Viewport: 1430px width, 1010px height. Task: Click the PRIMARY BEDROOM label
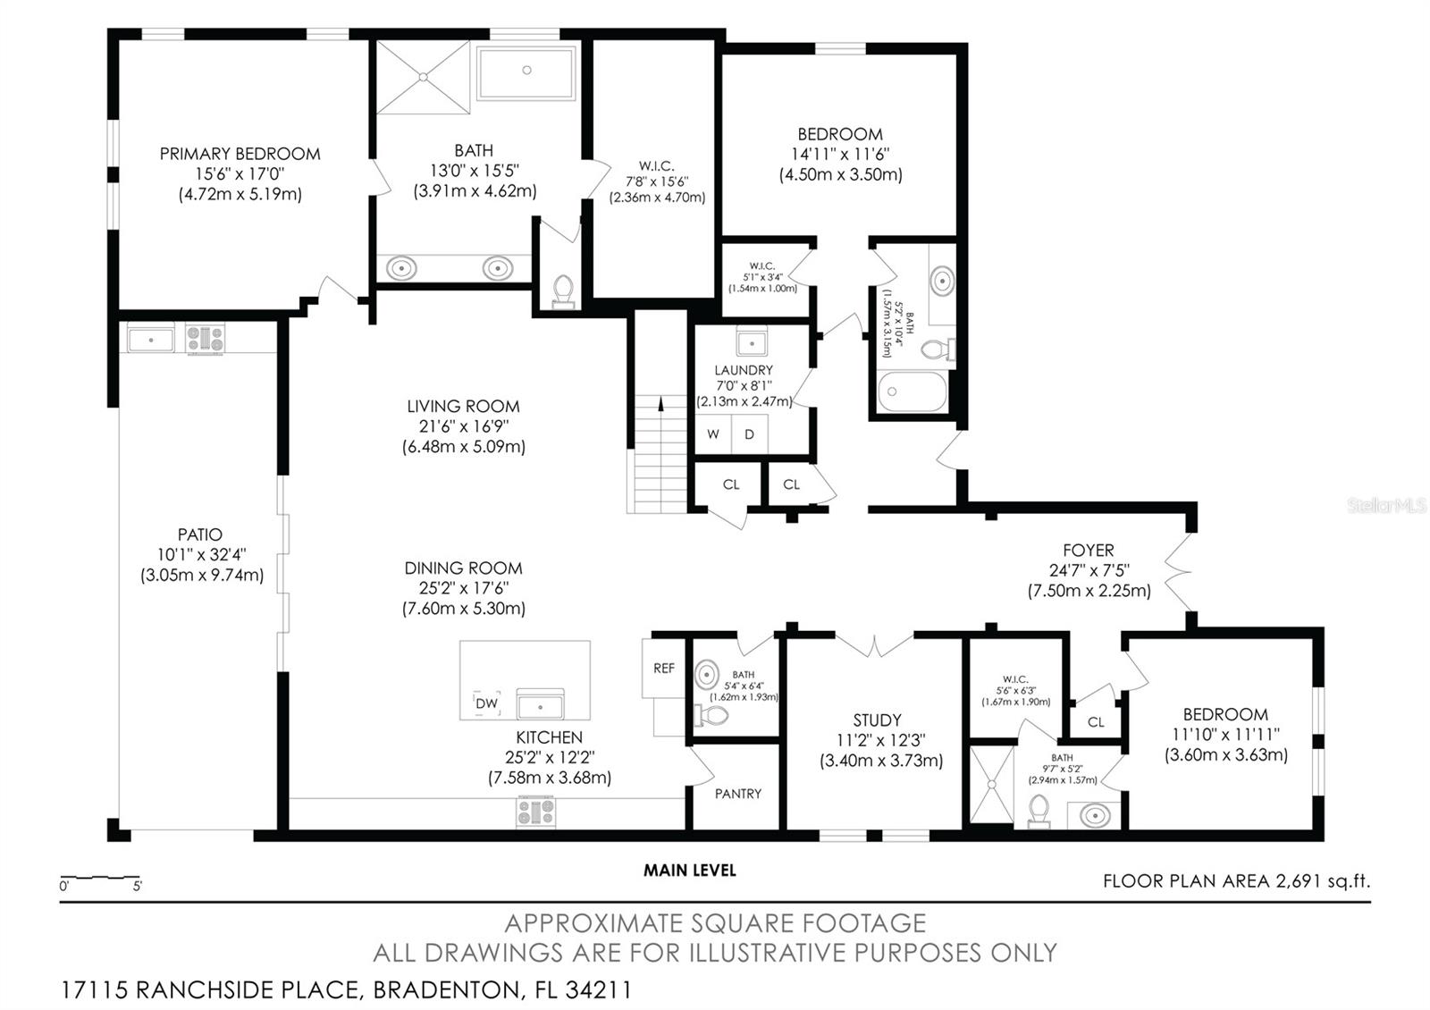pyautogui.click(x=240, y=154)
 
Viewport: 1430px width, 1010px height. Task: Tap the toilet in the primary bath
pyautogui.click(x=563, y=290)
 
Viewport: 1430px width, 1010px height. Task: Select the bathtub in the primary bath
pyautogui.click(x=526, y=73)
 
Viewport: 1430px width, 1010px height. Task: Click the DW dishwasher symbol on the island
pyautogui.click(x=486, y=703)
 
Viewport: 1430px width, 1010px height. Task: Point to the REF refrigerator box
pyautogui.click(x=664, y=668)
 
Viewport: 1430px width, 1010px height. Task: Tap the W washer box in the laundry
pyautogui.click(x=713, y=434)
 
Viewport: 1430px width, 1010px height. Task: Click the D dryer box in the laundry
pyautogui.click(x=750, y=434)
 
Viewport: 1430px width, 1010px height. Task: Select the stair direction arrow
pyautogui.click(x=660, y=403)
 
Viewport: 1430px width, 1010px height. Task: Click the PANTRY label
pyautogui.click(x=738, y=793)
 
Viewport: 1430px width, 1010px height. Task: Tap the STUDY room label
pyautogui.click(x=877, y=720)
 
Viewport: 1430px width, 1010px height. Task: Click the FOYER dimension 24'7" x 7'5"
pyautogui.click(x=1089, y=570)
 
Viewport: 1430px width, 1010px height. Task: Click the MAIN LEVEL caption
pyautogui.click(x=689, y=870)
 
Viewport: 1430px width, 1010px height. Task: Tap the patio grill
pyautogui.click(x=206, y=339)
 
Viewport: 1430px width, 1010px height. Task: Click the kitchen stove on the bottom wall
pyautogui.click(x=535, y=812)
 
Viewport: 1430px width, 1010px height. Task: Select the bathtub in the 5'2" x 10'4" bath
pyautogui.click(x=912, y=391)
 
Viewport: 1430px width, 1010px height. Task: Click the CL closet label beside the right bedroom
pyautogui.click(x=1096, y=721)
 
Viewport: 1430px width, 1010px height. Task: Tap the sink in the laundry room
pyautogui.click(x=752, y=341)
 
